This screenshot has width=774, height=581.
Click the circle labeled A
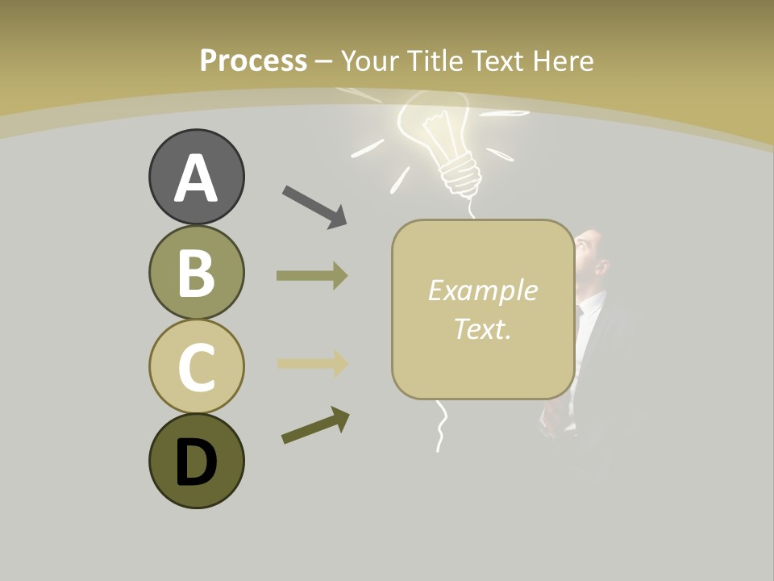tap(196, 178)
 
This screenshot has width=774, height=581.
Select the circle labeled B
tap(196, 272)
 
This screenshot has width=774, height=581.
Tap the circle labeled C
tap(196, 366)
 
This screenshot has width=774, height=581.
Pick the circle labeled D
tap(196, 461)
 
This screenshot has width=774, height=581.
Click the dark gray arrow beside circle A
tap(314, 206)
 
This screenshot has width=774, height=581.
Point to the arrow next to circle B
tap(311, 276)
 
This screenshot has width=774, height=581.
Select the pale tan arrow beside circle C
tap(311, 363)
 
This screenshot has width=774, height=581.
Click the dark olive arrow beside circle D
tap(315, 425)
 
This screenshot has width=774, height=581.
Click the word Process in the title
tap(253, 61)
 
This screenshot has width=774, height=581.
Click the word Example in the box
tap(482, 290)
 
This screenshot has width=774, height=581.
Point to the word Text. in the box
tap(482, 328)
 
